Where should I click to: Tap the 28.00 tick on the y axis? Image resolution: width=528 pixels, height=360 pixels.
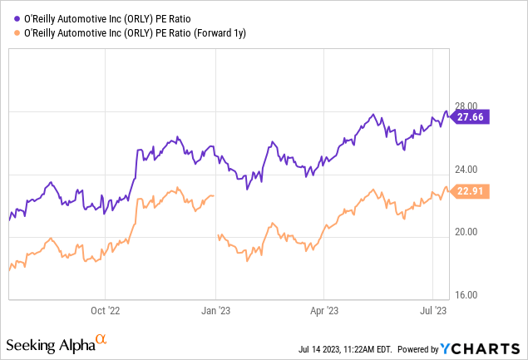click(x=466, y=106)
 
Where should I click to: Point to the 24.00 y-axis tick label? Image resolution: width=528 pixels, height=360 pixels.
click(x=466, y=170)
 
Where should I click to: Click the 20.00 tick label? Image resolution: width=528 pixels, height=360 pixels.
click(x=466, y=231)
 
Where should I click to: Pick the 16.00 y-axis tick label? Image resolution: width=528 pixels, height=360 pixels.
click(x=466, y=295)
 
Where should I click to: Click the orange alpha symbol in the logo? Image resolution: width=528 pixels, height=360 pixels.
click(x=101, y=340)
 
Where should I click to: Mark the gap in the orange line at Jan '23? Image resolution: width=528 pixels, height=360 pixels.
click(x=216, y=216)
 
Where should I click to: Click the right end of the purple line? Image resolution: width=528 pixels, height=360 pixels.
click(x=449, y=116)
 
